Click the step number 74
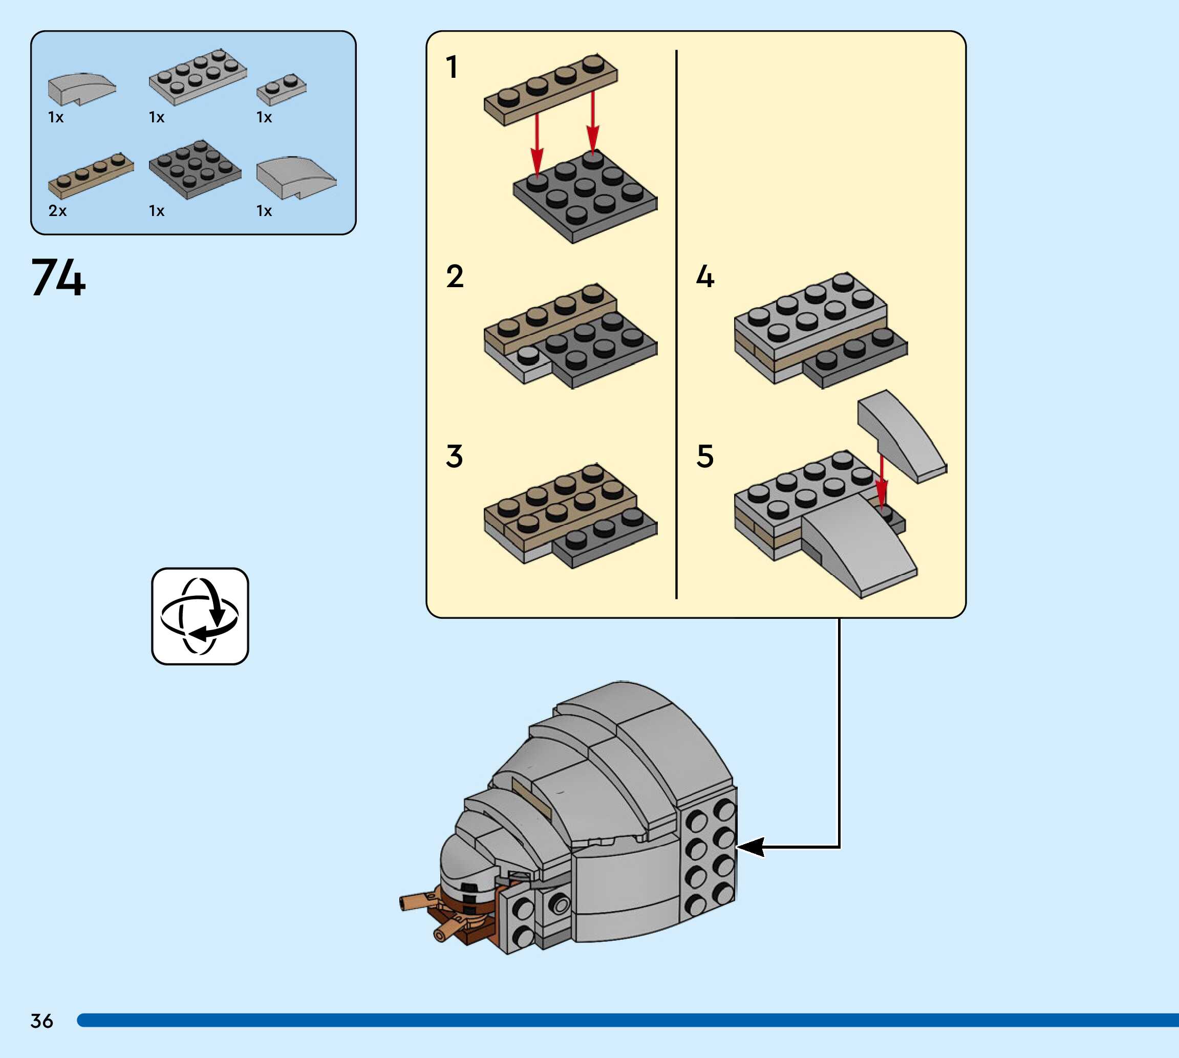tap(58, 278)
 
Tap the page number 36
tap(42, 1020)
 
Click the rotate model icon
tap(200, 616)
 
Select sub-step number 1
tap(452, 67)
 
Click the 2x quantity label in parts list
tap(57, 211)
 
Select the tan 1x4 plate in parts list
tap(91, 175)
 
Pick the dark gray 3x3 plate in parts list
tap(195, 168)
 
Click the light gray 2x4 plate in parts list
tap(198, 77)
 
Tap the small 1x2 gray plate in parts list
tap(282, 90)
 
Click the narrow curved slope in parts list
tap(81, 89)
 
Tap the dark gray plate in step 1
tap(584, 198)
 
